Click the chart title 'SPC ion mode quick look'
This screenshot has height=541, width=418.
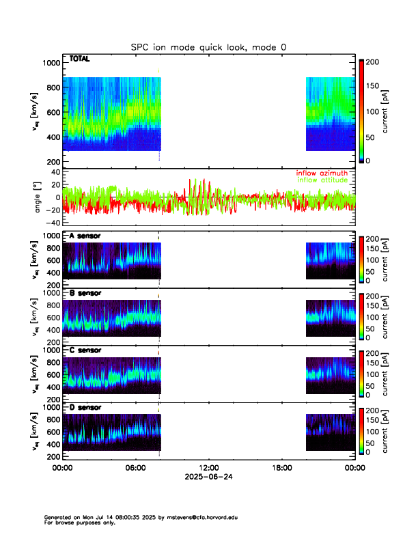coord(208,46)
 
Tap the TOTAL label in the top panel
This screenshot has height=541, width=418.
coord(80,59)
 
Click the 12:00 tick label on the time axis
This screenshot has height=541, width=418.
coord(208,468)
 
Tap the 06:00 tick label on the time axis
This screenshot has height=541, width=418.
coord(135,468)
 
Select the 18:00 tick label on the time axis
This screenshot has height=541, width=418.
coord(281,468)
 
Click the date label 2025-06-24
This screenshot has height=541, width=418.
coord(208,477)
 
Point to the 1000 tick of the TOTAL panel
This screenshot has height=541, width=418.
coord(51,63)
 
